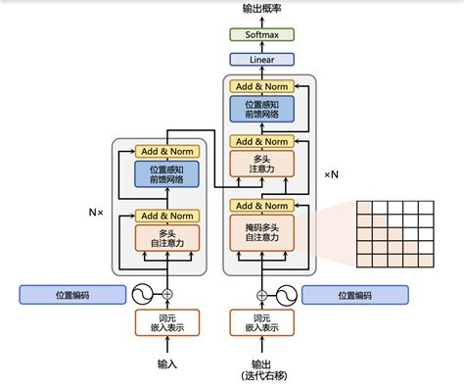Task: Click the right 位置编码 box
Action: tap(354, 294)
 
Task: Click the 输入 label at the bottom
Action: tap(166, 363)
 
